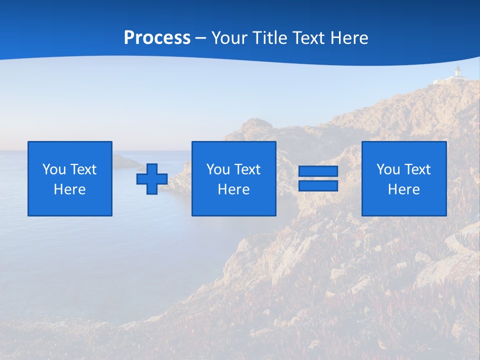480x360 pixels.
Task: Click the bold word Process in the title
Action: point(157,38)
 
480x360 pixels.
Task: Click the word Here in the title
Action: point(349,38)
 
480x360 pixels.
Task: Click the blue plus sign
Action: point(152,179)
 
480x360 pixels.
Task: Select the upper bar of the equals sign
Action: point(318,171)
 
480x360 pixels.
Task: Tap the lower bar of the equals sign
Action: point(318,185)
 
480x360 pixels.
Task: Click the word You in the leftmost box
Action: point(54,169)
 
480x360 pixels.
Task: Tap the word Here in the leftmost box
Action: point(70,189)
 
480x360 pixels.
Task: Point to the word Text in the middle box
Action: point(247,169)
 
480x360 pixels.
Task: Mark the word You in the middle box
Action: point(218,169)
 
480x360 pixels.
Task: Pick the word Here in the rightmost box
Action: point(404,189)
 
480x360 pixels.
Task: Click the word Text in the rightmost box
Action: point(417,169)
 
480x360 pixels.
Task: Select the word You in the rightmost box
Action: point(388,169)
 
